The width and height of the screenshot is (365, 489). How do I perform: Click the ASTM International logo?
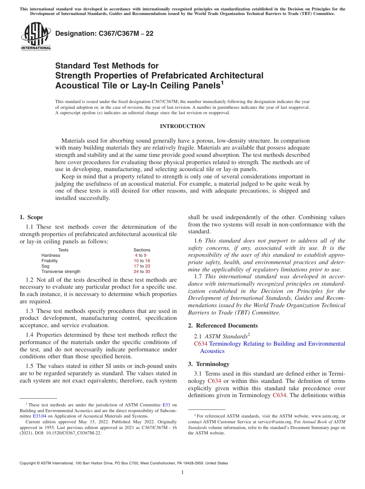coord(36,37)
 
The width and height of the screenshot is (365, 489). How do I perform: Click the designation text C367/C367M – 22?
coord(104,33)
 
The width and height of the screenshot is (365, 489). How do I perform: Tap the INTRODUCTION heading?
coord(182,126)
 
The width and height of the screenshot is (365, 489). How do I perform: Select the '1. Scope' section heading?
coord(31,217)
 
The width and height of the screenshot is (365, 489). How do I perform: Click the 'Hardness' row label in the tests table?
coord(51,255)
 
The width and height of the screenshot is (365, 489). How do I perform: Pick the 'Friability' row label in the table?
coord(50,261)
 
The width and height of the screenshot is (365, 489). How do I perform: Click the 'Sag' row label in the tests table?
coord(45,266)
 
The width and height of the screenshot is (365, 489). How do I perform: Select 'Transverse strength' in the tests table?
coord(61,271)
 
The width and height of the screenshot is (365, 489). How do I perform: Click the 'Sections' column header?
coord(142,250)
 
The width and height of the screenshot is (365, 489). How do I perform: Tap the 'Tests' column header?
coord(63,250)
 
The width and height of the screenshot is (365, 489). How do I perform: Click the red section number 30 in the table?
coord(148,271)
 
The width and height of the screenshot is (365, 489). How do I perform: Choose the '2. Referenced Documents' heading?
coord(223,326)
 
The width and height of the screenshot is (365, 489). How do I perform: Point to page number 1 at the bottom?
coord(182,472)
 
